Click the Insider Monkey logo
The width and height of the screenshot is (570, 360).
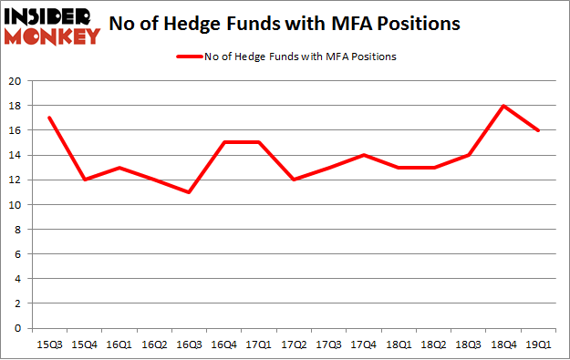pos(51,25)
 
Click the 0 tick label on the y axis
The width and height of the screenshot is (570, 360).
pos(19,328)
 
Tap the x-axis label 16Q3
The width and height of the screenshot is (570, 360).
pos(188,345)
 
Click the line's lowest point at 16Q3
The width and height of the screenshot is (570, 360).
pos(188,192)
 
